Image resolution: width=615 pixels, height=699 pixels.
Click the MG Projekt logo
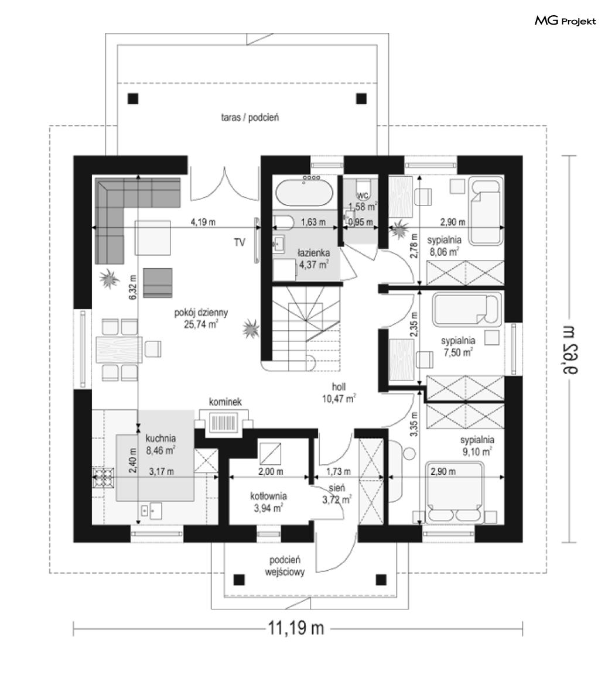(x=565, y=21)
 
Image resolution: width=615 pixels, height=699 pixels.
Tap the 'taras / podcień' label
(x=250, y=118)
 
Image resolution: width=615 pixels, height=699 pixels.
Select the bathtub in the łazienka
(x=304, y=192)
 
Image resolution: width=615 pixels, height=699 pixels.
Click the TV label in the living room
(x=240, y=242)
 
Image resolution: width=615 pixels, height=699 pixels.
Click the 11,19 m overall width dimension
(x=296, y=628)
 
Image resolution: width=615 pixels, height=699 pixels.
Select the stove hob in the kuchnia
(x=103, y=478)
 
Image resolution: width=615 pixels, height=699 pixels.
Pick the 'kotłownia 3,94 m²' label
(x=268, y=502)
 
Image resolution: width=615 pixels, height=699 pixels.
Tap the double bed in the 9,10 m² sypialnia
(x=455, y=492)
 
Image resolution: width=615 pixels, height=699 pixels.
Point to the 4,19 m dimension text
(x=203, y=221)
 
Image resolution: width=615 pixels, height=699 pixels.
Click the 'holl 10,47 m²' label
(x=339, y=393)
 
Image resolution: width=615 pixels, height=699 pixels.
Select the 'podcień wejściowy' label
(x=285, y=566)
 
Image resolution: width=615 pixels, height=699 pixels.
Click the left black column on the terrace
(x=133, y=98)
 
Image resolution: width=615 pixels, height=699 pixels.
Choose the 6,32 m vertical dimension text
(x=132, y=287)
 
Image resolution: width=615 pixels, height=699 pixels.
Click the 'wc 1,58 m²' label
(x=363, y=201)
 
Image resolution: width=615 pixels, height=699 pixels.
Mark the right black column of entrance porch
(x=381, y=580)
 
